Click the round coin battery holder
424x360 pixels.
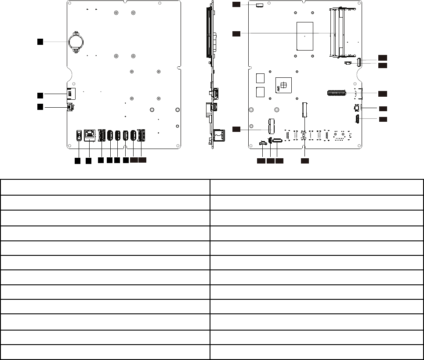[76, 42]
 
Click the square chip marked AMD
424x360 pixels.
[284, 85]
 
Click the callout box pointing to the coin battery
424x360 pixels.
[40, 41]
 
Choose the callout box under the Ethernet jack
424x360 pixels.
[88, 161]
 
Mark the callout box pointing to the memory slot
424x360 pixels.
[236, 33]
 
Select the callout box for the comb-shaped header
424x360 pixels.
[383, 93]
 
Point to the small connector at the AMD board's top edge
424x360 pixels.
[259, 5]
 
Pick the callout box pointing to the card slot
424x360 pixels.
[40, 95]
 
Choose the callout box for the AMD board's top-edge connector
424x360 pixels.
[236, 4]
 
